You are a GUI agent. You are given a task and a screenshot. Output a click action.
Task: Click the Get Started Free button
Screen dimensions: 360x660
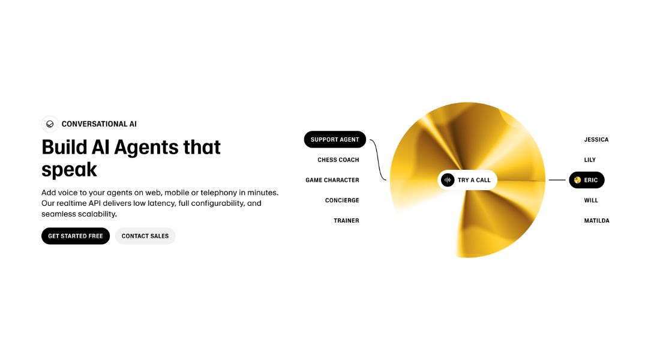pyautogui.click(x=76, y=236)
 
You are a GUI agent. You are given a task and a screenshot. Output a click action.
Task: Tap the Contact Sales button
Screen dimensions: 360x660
pyautogui.click(x=145, y=236)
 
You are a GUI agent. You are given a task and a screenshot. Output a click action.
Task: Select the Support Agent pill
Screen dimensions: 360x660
pyautogui.click(x=335, y=139)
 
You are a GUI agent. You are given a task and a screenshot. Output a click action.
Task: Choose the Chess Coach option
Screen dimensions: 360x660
pyautogui.click(x=338, y=160)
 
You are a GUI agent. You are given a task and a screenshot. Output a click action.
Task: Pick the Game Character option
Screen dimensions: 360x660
pyautogui.click(x=332, y=180)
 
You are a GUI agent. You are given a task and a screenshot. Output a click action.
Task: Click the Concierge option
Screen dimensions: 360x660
pyautogui.click(x=342, y=200)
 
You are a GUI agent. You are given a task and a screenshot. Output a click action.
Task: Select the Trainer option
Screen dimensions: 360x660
pyautogui.click(x=346, y=221)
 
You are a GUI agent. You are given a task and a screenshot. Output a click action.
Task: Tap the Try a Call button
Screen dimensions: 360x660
pyautogui.click(x=473, y=180)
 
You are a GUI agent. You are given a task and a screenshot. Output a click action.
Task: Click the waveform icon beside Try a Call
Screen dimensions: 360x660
pyautogui.click(x=448, y=180)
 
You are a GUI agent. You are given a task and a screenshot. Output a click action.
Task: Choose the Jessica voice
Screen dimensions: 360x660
pyautogui.click(x=596, y=139)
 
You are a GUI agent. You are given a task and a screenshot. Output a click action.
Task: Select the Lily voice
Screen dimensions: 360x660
pyautogui.click(x=590, y=160)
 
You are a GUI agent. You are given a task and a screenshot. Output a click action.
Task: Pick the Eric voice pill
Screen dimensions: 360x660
pyautogui.click(x=587, y=180)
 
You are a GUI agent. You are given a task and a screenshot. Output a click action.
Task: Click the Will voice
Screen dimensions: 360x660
pyautogui.click(x=591, y=200)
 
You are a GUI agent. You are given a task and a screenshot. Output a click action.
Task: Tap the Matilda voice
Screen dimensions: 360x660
pyautogui.click(x=596, y=221)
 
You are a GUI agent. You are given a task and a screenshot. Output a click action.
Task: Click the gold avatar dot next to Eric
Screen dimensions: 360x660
pyautogui.click(x=577, y=180)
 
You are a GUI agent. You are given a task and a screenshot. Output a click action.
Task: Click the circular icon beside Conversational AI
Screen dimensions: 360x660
pyautogui.click(x=50, y=124)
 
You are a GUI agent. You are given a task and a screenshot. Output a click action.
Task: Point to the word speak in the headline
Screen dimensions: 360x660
pyautogui.click(x=69, y=170)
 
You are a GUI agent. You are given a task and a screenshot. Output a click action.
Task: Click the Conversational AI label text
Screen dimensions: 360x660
pyautogui.click(x=99, y=124)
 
